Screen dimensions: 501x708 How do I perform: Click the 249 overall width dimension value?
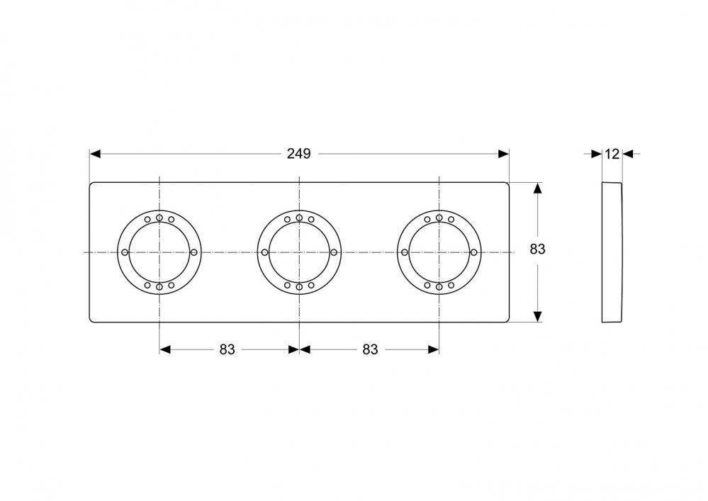(x=298, y=154)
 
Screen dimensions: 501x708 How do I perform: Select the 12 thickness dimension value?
(x=612, y=154)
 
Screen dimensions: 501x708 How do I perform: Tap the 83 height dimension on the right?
(x=538, y=249)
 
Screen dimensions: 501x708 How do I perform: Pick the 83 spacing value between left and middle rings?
(x=227, y=349)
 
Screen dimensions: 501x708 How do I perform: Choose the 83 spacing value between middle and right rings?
(x=370, y=349)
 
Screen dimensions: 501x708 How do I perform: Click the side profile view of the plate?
(x=612, y=252)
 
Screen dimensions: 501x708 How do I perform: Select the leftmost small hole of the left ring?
(x=125, y=252)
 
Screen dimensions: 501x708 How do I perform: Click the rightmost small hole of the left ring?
(x=193, y=252)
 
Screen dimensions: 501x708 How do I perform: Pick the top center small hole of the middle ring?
(x=299, y=218)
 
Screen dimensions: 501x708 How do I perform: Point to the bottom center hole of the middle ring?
(x=299, y=286)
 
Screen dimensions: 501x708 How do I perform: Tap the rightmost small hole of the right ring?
(x=473, y=252)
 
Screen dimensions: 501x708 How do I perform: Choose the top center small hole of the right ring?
(x=439, y=218)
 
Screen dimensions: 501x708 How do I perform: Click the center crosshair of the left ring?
(x=159, y=252)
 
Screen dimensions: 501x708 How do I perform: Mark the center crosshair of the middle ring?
(x=299, y=252)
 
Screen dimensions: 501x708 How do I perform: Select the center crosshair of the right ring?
(x=439, y=252)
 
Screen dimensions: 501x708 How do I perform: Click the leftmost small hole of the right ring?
(x=405, y=252)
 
